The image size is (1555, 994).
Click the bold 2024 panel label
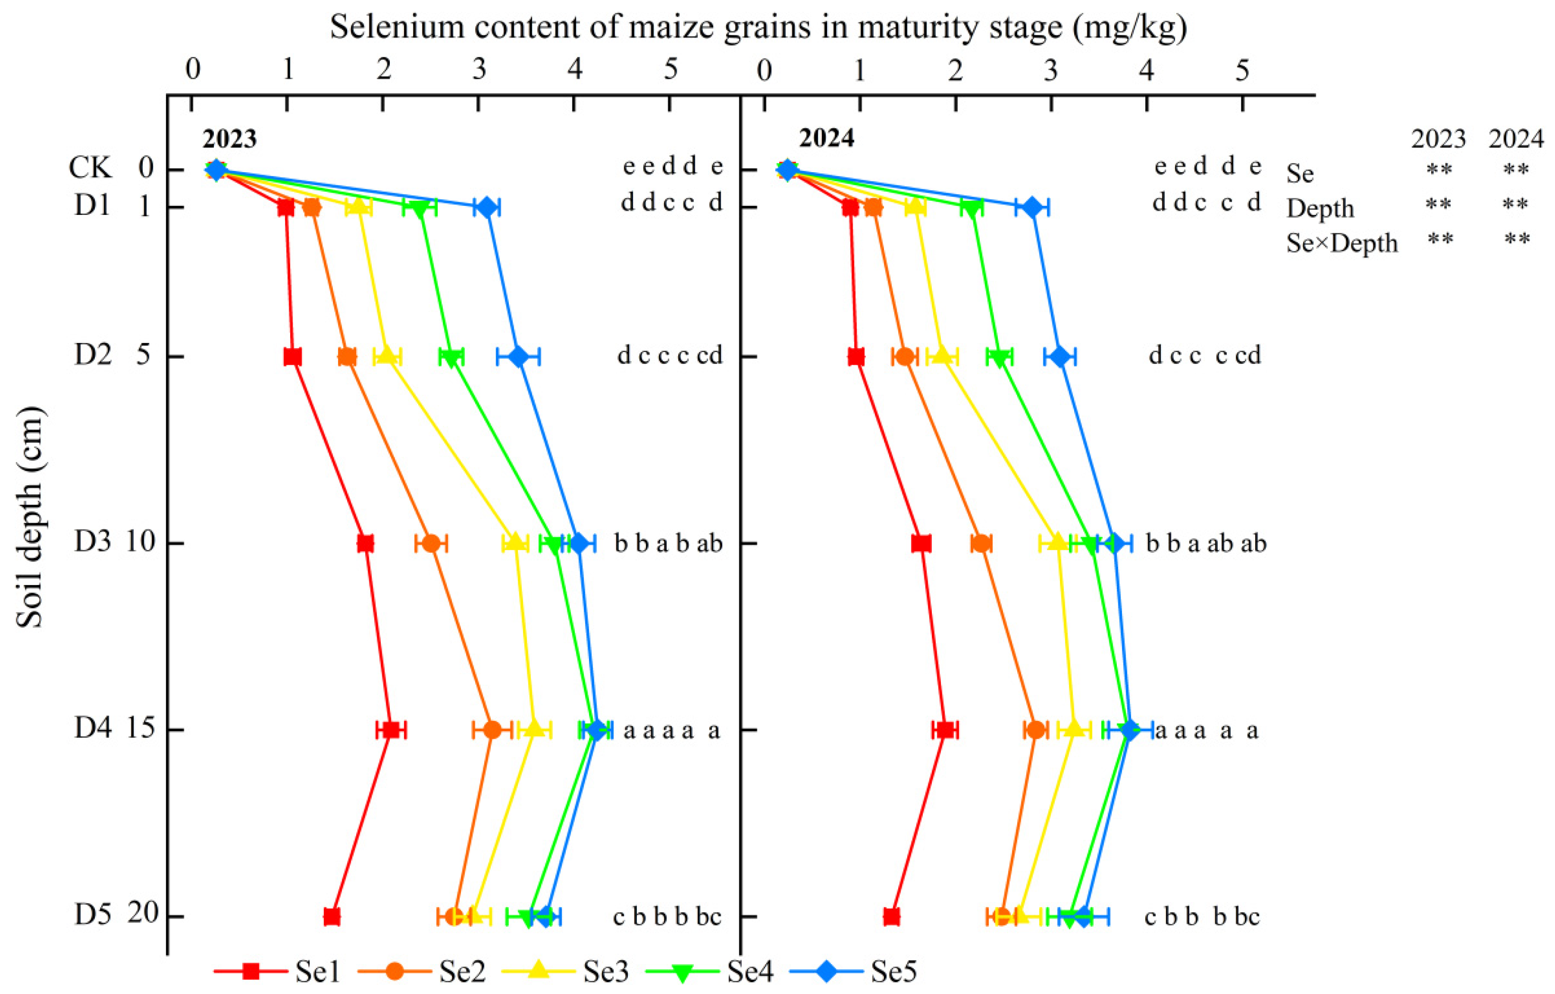click(x=827, y=138)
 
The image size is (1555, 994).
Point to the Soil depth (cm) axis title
click(x=30, y=517)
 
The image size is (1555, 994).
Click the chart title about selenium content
click(x=758, y=27)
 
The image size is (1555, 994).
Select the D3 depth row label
click(x=93, y=542)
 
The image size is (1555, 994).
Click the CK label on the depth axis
click(x=91, y=168)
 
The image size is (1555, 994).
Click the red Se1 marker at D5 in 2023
click(x=331, y=917)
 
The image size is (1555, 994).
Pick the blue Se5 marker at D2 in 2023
click(x=518, y=356)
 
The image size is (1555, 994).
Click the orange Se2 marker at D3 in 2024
click(x=981, y=544)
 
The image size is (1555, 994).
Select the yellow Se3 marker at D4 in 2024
click(x=1073, y=729)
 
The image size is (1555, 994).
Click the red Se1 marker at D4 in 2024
click(x=945, y=730)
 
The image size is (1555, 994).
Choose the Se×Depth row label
click(x=1341, y=243)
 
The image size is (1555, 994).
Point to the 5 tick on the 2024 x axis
click(x=1242, y=70)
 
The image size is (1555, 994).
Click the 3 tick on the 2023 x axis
click(x=478, y=70)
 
